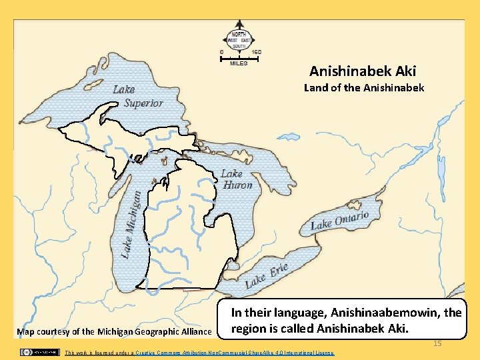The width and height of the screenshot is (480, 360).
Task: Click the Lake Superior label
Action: click(x=137, y=96)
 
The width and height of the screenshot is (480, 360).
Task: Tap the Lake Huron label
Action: click(x=237, y=179)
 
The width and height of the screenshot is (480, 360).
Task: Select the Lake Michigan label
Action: click(x=131, y=224)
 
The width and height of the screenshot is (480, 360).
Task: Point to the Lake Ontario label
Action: click(x=339, y=221)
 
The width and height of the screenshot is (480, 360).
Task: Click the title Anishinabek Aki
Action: click(x=363, y=71)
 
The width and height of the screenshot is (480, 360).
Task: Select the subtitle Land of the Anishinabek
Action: click(x=363, y=87)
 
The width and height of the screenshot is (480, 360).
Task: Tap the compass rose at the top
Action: click(x=239, y=40)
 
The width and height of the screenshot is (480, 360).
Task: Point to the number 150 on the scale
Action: click(x=256, y=52)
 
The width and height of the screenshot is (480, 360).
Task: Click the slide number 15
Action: click(x=437, y=343)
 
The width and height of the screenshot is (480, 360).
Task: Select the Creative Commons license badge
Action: click(x=39, y=351)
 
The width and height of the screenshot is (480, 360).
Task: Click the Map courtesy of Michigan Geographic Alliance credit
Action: click(x=114, y=331)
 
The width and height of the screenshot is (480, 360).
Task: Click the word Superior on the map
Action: click(x=143, y=103)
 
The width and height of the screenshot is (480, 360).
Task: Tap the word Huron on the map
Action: click(x=238, y=185)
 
